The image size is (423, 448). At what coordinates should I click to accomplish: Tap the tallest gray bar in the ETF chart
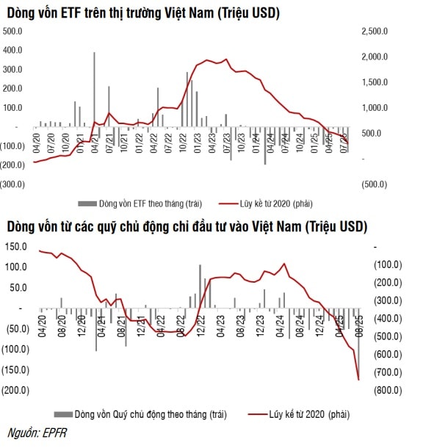point(94,88)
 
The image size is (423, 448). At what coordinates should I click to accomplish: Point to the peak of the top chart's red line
point(225,59)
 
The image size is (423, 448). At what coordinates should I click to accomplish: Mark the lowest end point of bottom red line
point(358,379)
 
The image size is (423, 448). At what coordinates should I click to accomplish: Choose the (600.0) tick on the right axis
point(380,355)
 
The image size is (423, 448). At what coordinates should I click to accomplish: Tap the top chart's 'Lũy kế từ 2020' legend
point(283,203)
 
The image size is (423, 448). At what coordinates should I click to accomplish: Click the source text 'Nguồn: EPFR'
point(35,434)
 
